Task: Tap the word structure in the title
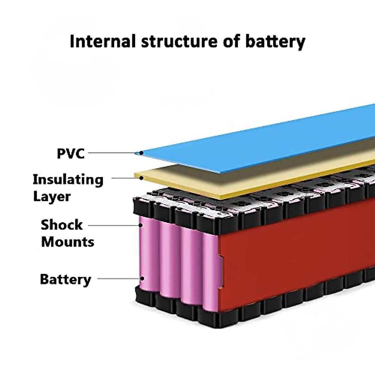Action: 179,41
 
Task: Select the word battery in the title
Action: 275,42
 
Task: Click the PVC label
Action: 71,153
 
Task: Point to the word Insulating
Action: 68,179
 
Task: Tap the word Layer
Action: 52,197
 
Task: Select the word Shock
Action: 62,225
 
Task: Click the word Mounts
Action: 67,242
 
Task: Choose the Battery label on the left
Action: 65,279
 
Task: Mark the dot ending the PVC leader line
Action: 141,153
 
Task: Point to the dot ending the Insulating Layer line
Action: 141,178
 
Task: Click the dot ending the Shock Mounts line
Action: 141,225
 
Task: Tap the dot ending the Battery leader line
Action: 142,278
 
